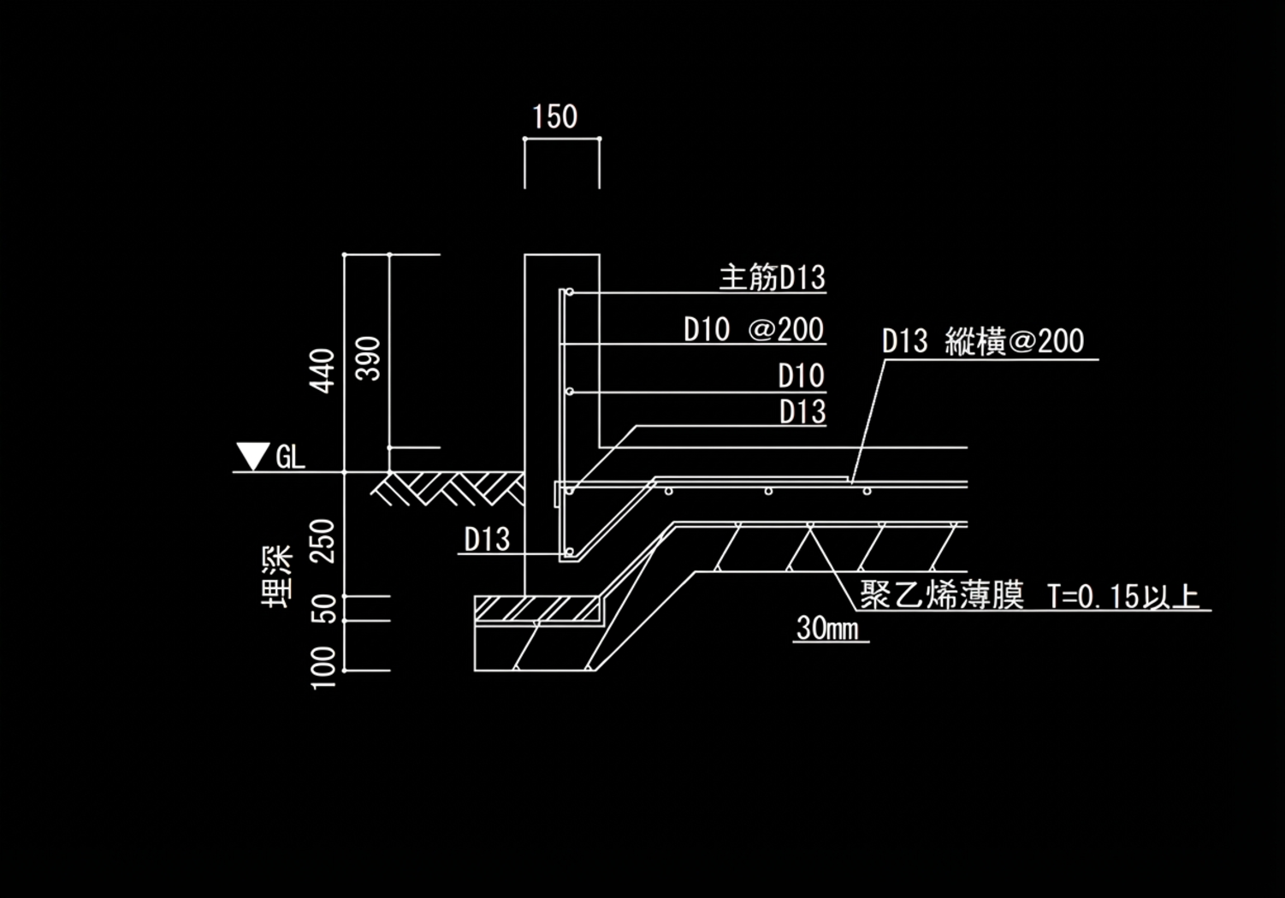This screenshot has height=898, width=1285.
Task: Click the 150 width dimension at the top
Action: (554, 117)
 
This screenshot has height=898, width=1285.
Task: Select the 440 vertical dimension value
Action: (323, 369)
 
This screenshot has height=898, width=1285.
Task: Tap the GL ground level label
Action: (290, 458)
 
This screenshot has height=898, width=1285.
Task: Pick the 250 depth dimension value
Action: (323, 540)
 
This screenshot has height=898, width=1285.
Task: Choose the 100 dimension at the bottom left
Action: (323, 668)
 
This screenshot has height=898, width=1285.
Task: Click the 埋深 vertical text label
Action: (277, 576)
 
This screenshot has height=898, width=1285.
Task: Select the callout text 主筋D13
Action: (772, 278)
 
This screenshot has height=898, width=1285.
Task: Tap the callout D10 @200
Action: (753, 330)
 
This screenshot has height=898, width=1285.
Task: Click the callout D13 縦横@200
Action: (982, 342)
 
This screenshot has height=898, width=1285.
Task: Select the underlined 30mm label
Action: (827, 629)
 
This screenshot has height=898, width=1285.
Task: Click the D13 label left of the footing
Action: (487, 540)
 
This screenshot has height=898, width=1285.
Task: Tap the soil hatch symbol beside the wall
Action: (450, 488)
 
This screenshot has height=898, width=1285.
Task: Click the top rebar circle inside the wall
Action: (569, 292)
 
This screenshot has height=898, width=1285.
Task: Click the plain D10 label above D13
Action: (801, 376)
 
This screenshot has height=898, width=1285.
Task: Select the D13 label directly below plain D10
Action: (802, 412)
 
